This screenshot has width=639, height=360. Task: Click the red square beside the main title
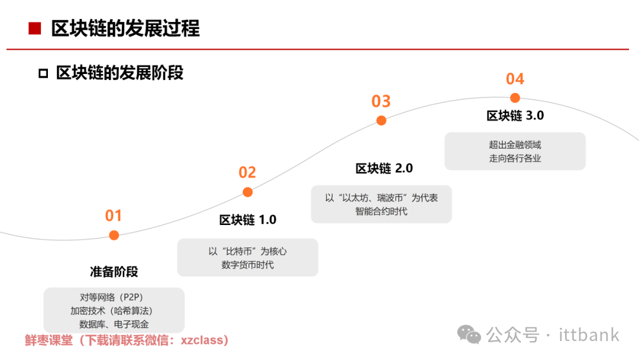tap(35, 28)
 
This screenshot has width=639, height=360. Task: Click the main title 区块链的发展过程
tap(125, 28)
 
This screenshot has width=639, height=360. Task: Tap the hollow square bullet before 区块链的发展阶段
tap(43, 73)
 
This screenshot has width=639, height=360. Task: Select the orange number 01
tap(114, 216)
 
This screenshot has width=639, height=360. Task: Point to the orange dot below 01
tap(114, 235)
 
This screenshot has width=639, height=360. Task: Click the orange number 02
tap(247, 172)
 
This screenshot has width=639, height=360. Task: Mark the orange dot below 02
tap(247, 192)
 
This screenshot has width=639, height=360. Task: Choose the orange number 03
tap(381, 101)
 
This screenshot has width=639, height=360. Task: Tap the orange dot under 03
tap(382, 120)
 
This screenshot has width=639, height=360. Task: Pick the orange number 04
tap(515, 79)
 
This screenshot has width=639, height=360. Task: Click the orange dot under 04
tap(515, 98)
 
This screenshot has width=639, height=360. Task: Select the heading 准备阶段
tap(114, 272)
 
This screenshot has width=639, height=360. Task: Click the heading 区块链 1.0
tap(247, 220)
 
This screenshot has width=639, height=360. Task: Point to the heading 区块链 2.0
tap(383, 169)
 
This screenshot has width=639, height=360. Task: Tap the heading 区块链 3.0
tap(515, 116)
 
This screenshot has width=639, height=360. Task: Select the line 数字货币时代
tap(247, 265)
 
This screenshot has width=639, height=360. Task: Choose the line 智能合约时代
tap(381, 211)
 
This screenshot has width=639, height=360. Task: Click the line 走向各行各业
tap(515, 158)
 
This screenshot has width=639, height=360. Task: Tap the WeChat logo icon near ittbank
tap(472, 335)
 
